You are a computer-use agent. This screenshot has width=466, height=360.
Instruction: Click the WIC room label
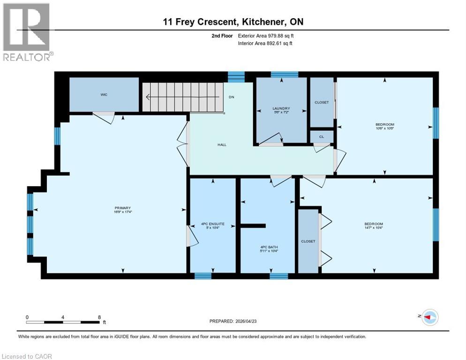104,95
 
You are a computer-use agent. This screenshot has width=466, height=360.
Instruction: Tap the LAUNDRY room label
282,108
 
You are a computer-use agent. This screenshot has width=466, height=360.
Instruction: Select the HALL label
222,145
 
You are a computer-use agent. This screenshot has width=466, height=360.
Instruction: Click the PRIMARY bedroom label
122,208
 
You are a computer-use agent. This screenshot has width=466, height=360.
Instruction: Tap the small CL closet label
322,137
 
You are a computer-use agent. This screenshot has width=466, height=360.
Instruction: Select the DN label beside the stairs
231,97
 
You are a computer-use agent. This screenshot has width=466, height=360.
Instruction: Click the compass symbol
429,317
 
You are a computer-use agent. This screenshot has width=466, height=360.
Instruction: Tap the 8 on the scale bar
99,317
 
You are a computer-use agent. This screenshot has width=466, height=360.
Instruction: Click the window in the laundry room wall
284,75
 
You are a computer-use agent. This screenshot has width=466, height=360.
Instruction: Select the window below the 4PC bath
278,276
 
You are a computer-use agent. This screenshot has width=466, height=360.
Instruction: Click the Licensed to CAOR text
27,356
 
